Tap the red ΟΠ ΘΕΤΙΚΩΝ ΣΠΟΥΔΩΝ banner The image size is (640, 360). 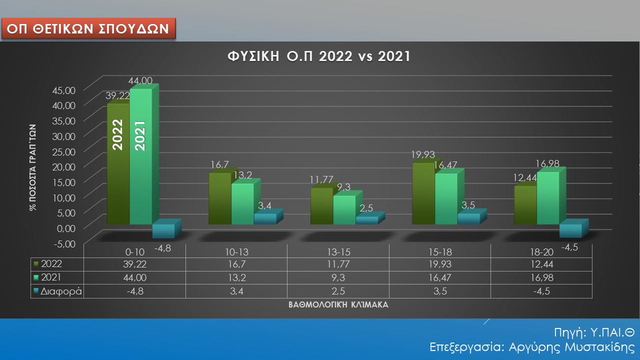89,28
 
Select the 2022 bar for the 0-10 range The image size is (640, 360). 118,165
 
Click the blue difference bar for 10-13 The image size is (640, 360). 264,219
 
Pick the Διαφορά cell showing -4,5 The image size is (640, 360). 541,291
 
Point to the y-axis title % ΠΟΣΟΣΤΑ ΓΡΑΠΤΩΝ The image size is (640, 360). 33,168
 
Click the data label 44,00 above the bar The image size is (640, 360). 140,80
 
